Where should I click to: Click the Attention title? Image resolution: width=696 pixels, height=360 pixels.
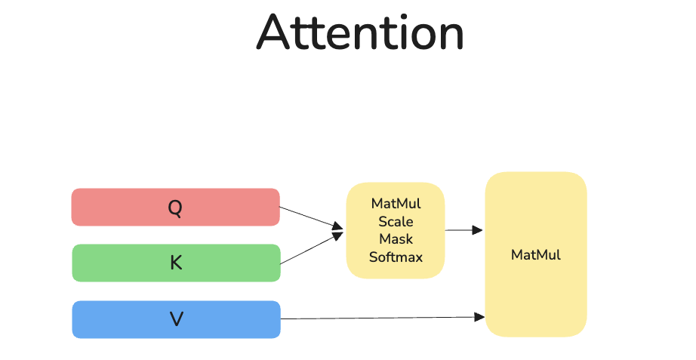pos(360,32)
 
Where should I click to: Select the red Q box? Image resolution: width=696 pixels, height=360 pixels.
pos(176,207)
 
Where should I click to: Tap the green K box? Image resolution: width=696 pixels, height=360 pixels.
pos(176,263)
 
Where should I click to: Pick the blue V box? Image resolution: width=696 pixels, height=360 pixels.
pos(176,319)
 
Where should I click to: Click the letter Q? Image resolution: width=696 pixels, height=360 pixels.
pos(175,208)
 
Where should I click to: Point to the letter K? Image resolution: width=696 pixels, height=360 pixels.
pos(176,263)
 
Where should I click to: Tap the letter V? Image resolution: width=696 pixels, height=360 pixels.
pos(177,319)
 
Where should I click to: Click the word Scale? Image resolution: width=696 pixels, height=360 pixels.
pos(396,221)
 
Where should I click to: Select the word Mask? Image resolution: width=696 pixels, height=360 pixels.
pos(396,238)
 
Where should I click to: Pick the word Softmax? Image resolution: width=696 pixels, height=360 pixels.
pos(396,257)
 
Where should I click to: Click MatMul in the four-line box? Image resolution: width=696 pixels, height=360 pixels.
pos(396,203)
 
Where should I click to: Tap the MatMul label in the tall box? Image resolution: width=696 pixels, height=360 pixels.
pos(536,255)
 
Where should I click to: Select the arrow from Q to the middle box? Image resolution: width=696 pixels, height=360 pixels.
pos(312,218)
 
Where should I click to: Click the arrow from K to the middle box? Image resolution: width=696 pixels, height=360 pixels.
pos(312,248)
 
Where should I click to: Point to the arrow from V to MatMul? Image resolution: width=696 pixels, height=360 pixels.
pos(383,318)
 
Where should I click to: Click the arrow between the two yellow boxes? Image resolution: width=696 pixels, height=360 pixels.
pos(463,230)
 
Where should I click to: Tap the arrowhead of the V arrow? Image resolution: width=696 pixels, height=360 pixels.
pos(479,317)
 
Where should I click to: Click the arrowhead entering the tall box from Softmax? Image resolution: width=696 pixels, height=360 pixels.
pos(478,230)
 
